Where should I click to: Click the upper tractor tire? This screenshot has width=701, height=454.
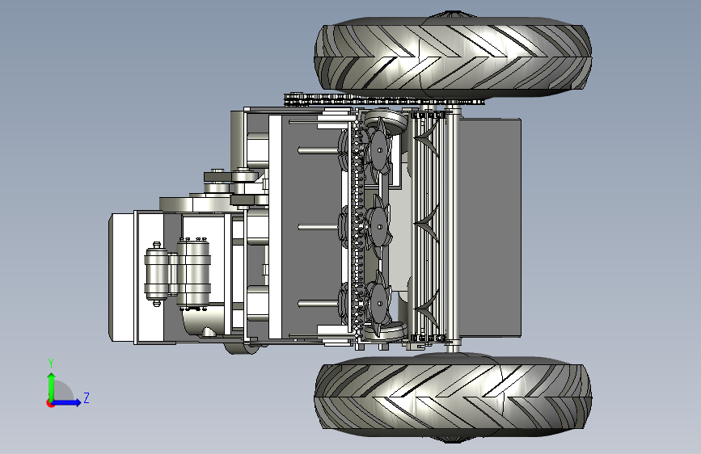coord(453,57)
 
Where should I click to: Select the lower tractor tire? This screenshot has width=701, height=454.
coord(453,396)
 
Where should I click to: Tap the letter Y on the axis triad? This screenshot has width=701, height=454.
coord(51,363)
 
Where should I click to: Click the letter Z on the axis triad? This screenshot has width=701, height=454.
coord(87,397)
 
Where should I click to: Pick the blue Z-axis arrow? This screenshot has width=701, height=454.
coord(66,402)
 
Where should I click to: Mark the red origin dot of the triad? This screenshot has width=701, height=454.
coord(49,403)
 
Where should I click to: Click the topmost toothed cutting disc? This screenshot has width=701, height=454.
coord(379,150)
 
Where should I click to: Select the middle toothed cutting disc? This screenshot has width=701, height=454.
coord(379,227)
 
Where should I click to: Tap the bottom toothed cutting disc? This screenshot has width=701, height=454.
coord(379,304)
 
